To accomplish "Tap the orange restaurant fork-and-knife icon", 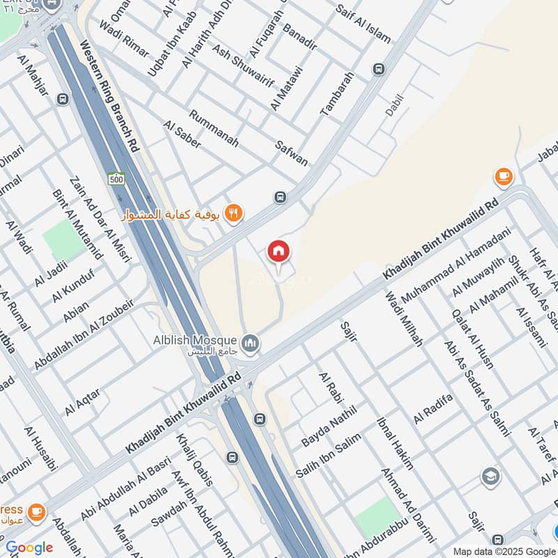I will (x=234, y=213).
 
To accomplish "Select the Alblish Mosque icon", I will (x=250, y=343).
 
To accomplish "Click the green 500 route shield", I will (x=116, y=179).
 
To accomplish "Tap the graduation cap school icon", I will (x=490, y=477).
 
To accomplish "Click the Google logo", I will (x=29, y=548).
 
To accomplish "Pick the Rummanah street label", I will (x=213, y=130).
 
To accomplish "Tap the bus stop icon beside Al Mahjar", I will (x=63, y=99).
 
